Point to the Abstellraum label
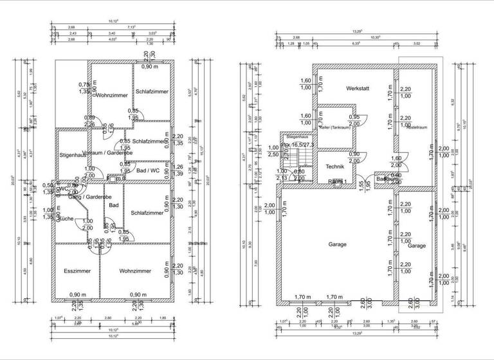tap(417, 127)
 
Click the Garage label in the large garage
tap(337, 244)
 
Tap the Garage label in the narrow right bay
tap(417, 246)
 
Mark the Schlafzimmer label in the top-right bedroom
tap(152, 91)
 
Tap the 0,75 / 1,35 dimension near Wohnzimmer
tap(84, 88)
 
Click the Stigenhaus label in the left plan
tap(72, 155)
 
